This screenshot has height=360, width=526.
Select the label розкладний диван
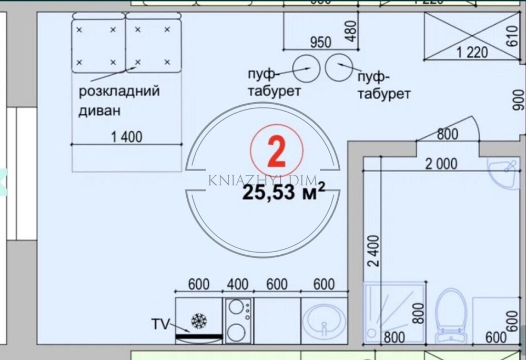119,101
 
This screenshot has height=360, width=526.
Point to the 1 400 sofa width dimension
126,137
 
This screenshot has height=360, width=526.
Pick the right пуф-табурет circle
338,67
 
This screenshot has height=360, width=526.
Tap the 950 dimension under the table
320,43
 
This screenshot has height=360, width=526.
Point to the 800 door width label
447,134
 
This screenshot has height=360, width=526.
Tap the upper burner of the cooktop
239,307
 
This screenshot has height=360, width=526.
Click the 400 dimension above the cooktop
238,284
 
